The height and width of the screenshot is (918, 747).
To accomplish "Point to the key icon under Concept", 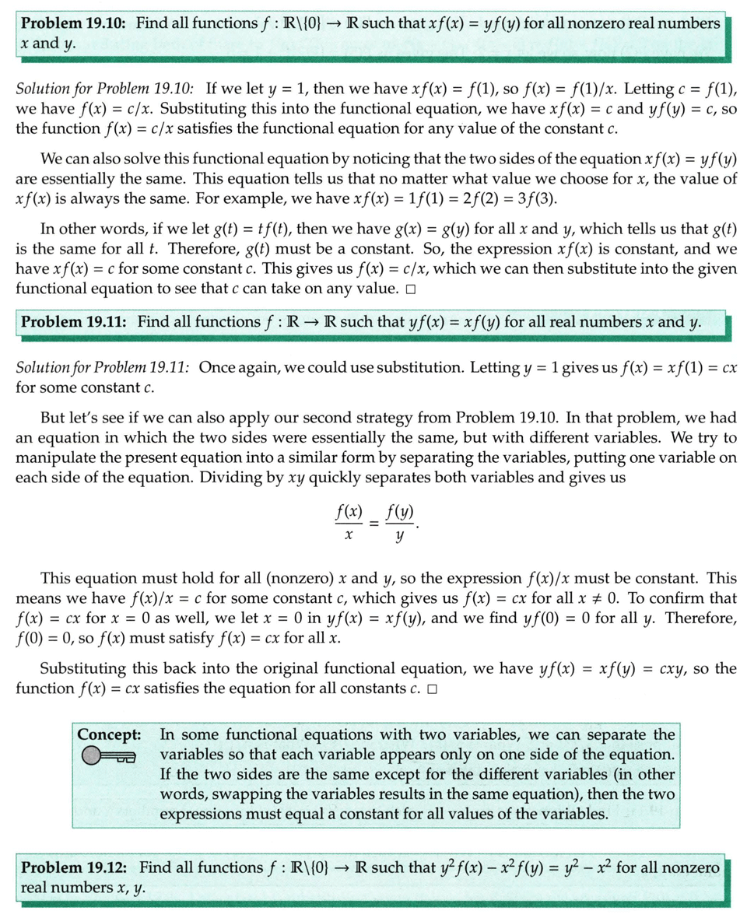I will pos(108,755).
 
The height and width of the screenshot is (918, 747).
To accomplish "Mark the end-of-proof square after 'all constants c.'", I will pos(432,689).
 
